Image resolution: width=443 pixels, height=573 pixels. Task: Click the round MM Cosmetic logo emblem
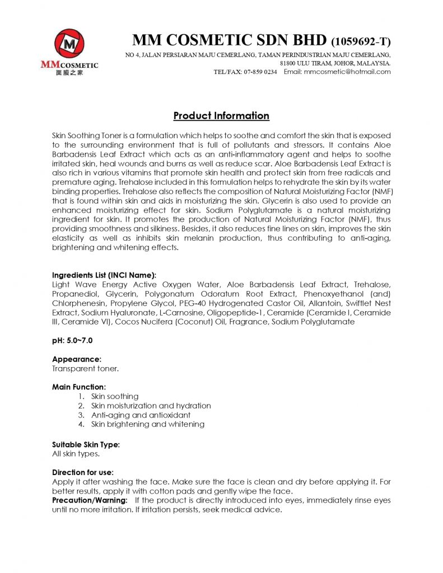pos(69,44)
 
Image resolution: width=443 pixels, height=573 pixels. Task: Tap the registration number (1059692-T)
pos(361,41)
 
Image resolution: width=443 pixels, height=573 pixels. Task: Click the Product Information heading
pos(221,116)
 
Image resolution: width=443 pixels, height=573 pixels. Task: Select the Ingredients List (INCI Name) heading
pos(104,275)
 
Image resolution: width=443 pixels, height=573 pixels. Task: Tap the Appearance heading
pos(77,359)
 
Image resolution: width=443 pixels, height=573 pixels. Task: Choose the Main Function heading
pos(79,387)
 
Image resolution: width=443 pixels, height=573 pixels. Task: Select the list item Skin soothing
pos(115,396)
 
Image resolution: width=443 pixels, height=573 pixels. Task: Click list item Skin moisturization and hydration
pos(151,406)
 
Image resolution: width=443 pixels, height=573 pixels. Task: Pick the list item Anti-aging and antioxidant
pos(141,415)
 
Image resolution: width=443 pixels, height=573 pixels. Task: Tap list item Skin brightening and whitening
pos(147,424)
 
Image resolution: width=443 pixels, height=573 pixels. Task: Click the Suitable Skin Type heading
pos(86,445)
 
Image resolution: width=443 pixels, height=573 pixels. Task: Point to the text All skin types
pos(76,454)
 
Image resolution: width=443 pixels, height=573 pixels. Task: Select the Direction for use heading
pos(83,472)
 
